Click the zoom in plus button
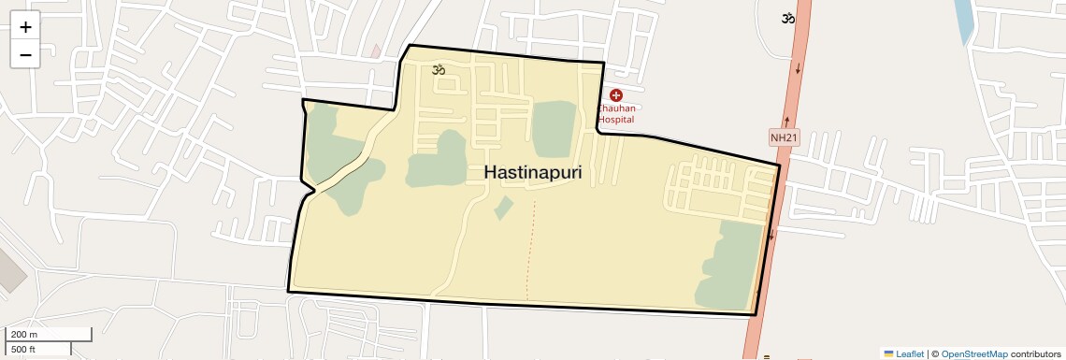(25, 27)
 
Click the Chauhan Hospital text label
(616, 114)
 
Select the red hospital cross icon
(616, 95)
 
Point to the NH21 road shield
(785, 138)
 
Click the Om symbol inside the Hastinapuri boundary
(438, 69)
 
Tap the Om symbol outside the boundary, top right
(789, 18)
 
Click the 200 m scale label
(25, 335)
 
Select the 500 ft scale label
(23, 350)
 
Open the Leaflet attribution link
(910, 354)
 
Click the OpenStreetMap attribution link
(974, 354)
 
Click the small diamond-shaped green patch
(503, 208)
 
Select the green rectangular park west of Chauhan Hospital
(555, 129)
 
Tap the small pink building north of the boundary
(376, 50)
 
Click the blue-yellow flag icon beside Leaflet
(889, 354)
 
